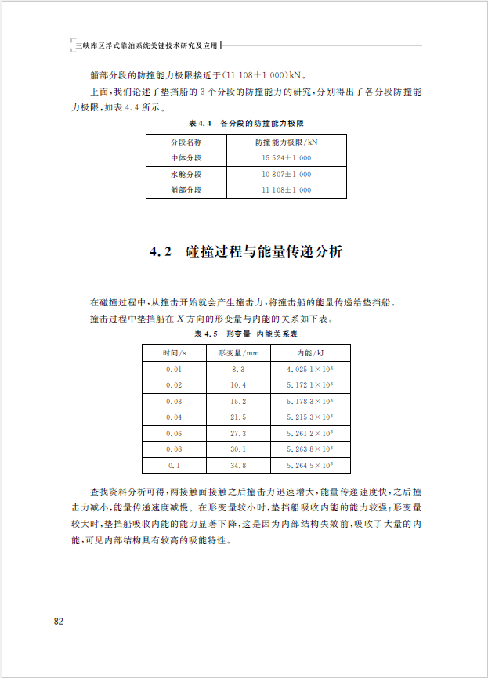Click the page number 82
coord(58,622)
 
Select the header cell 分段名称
coord(186,142)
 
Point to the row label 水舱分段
coord(186,174)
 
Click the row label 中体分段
coord(186,158)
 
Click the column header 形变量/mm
coord(238,352)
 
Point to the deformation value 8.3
coord(238,369)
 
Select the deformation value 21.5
coord(238,417)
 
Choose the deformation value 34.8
coord(238,466)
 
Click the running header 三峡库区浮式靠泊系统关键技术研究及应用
coord(147,46)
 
